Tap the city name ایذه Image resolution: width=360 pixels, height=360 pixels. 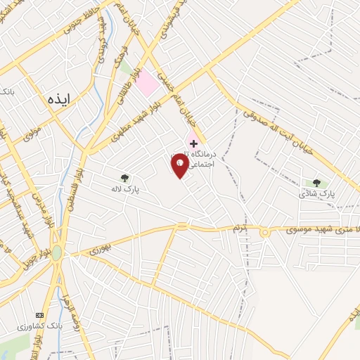click(59, 99)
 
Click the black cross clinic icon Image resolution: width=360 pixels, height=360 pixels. click(194, 143)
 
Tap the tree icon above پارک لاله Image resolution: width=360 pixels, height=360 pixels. click(125, 179)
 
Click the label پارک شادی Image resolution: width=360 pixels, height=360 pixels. click(316, 193)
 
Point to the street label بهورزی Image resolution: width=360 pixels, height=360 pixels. click(101, 248)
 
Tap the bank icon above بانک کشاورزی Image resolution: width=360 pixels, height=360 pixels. click(39, 315)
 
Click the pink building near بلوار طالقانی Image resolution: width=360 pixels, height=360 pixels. click(147, 86)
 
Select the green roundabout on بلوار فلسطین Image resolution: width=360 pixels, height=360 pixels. click(56, 254)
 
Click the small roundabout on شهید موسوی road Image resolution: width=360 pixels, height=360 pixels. click(265, 233)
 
